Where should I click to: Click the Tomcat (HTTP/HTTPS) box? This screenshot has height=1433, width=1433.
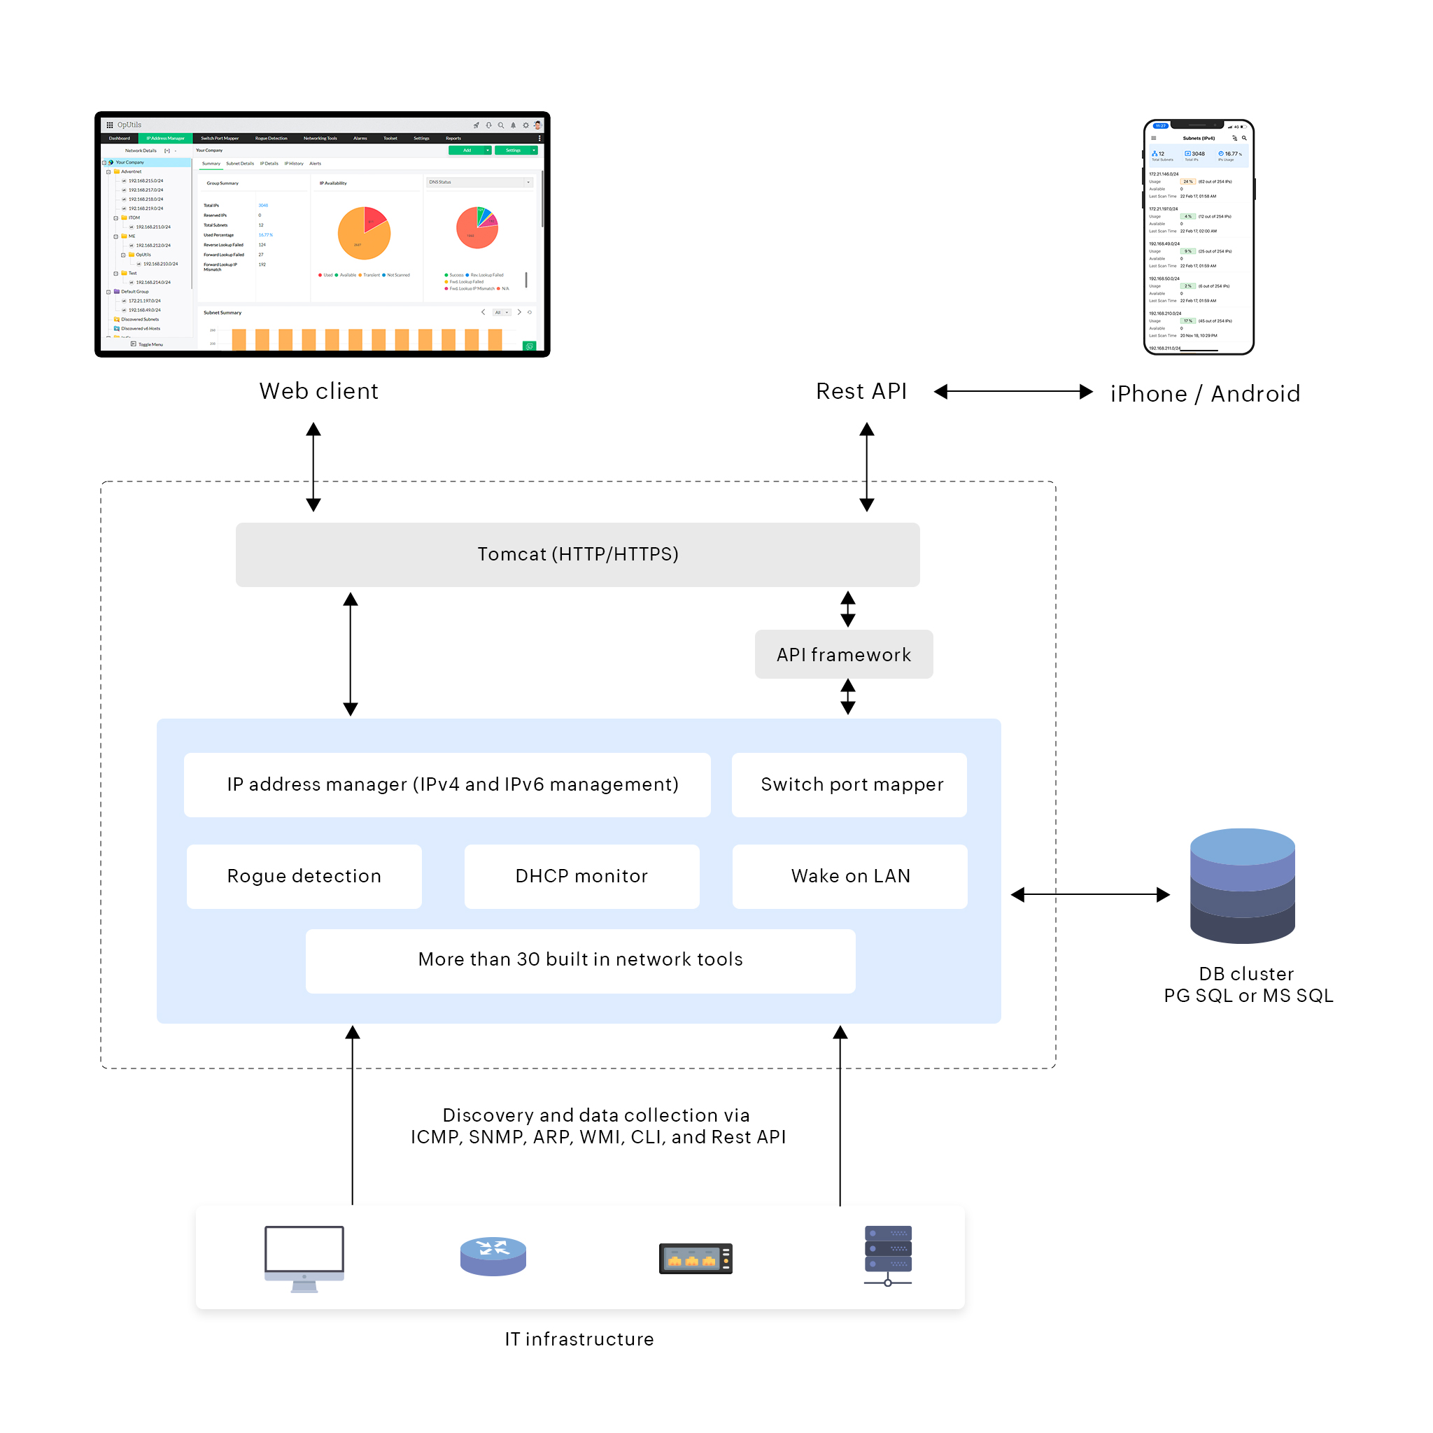(x=577, y=555)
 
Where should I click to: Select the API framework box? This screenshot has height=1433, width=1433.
(x=843, y=654)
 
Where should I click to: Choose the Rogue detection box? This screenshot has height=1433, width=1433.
(x=304, y=876)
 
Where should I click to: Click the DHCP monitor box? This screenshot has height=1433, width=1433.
(x=581, y=876)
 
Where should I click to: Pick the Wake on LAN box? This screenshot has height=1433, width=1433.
(x=850, y=876)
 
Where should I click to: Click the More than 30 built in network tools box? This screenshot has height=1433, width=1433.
(x=580, y=960)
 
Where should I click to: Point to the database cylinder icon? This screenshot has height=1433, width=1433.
(x=1243, y=886)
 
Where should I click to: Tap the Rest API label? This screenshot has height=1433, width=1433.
(x=861, y=391)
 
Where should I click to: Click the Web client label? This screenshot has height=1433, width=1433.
(x=319, y=391)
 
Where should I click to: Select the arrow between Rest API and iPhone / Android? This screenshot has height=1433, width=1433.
(x=1012, y=392)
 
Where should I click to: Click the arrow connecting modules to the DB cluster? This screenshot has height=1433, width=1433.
(x=1089, y=895)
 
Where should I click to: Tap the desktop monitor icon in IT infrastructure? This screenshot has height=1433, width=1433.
(x=304, y=1257)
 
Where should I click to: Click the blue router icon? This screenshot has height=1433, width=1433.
(x=493, y=1256)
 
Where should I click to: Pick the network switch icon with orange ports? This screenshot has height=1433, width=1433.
(x=695, y=1258)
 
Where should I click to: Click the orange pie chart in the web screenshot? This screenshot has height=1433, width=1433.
(x=364, y=233)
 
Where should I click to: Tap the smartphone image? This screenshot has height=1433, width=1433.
(x=1198, y=237)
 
